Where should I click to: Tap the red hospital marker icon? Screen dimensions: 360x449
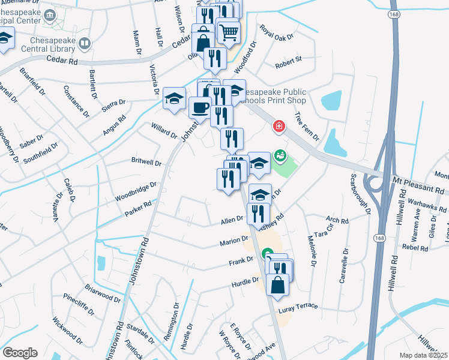(x=279, y=127)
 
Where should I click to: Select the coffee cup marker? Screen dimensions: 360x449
(x=199, y=108)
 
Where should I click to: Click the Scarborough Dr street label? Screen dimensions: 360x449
(x=360, y=194)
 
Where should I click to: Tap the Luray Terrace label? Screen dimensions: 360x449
(x=298, y=306)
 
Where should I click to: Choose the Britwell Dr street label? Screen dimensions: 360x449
(x=146, y=162)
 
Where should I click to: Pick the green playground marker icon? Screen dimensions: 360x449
(x=280, y=155)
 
